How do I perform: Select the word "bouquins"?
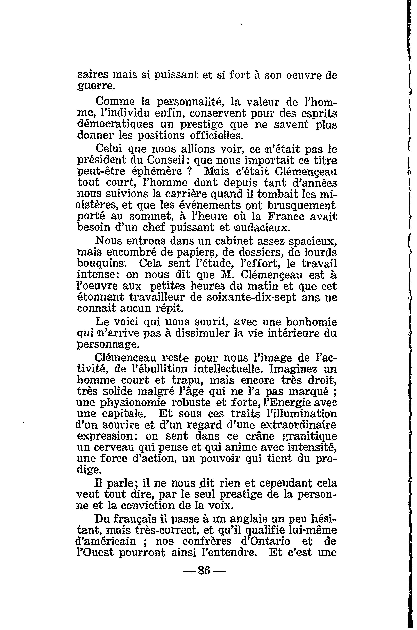(x=100, y=263)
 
